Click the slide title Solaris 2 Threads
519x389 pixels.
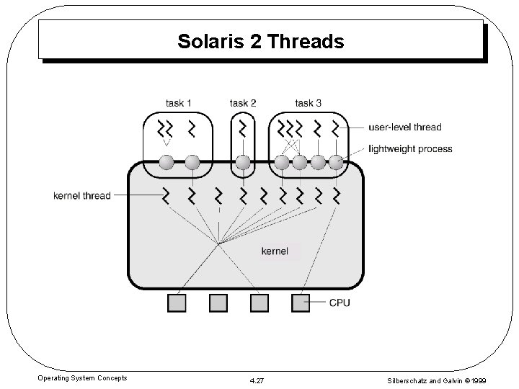pyautogui.click(x=261, y=42)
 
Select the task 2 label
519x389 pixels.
pyautogui.click(x=243, y=103)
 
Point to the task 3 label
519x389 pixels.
pyautogui.click(x=309, y=103)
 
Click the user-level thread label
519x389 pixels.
pyautogui.click(x=404, y=128)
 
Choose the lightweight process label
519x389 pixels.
pyautogui.click(x=410, y=149)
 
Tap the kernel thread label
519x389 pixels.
pyautogui.click(x=82, y=195)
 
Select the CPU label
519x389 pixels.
pyautogui.click(x=340, y=303)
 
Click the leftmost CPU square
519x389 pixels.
pyautogui.click(x=177, y=303)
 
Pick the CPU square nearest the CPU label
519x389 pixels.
pyautogui.click(x=300, y=303)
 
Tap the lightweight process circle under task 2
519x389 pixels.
pyautogui.click(x=243, y=162)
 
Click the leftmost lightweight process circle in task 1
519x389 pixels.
pyautogui.click(x=167, y=162)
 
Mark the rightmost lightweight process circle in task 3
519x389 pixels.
pyautogui.click(x=336, y=162)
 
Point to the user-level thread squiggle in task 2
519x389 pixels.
pyautogui.click(x=243, y=129)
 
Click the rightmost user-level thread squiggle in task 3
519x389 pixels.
pyautogui.click(x=335, y=129)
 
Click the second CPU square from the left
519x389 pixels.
pyautogui.click(x=218, y=303)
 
